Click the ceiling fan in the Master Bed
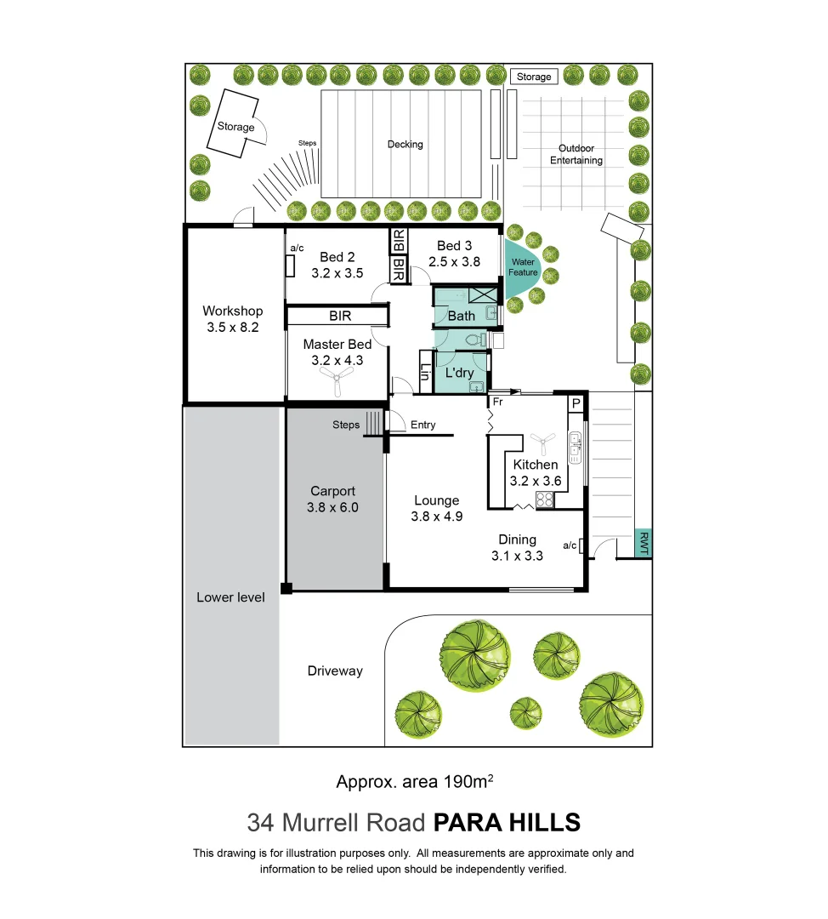point(337,386)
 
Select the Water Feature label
point(523,267)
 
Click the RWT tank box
point(644,544)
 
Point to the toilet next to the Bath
point(483,340)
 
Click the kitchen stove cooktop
point(543,499)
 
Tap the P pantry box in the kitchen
point(576,403)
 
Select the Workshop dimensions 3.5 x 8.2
point(232,326)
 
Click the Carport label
point(332,491)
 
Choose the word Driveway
point(335,671)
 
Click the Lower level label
point(230,597)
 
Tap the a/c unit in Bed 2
point(291,265)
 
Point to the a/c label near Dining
point(570,545)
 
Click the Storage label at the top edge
point(534,77)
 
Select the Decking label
point(405,145)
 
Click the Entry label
point(423,425)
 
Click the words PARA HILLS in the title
point(507,823)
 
